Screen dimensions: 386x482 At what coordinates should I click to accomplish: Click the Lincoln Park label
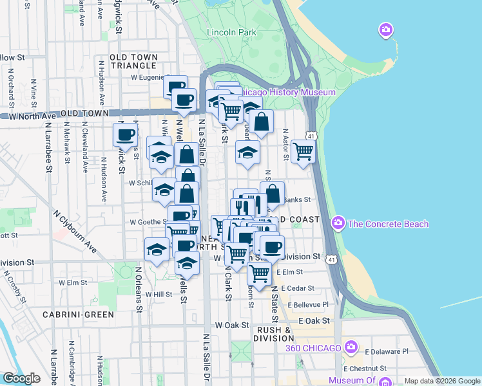coord(231,32)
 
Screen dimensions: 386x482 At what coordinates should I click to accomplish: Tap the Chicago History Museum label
coord(287,93)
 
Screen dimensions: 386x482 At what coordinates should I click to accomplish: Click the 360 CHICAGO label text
coord(313,348)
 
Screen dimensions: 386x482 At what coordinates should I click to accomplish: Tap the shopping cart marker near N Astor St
coord(302,152)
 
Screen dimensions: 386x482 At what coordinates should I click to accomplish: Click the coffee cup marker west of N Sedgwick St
coord(125,135)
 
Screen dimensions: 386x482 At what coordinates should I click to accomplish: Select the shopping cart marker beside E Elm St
coord(259,273)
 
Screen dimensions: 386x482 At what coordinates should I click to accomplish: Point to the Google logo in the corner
coord(22,378)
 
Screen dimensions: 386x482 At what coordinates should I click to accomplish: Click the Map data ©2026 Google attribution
coord(442,381)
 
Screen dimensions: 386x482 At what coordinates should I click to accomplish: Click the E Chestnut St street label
coord(365,369)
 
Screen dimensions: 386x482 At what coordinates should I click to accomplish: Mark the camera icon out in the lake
coord(386,30)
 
